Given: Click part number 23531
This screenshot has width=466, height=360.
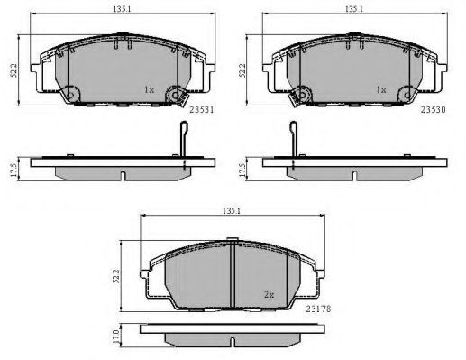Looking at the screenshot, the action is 202,110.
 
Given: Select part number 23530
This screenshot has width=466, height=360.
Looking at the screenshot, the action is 433,110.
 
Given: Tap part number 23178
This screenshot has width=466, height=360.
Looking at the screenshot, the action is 318,309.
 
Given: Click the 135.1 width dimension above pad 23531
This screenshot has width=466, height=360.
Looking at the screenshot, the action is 122,9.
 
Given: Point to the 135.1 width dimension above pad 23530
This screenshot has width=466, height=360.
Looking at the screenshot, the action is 354,9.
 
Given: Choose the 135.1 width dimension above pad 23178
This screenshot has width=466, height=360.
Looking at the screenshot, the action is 232,211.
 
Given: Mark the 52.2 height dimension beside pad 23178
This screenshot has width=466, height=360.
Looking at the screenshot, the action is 116,276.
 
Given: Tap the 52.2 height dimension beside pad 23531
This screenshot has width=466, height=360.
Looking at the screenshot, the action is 14,70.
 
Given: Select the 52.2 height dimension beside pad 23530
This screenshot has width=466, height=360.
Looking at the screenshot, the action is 242,70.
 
